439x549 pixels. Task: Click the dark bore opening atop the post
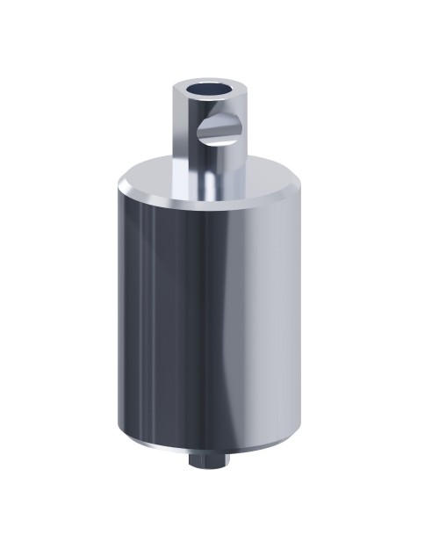(206, 89)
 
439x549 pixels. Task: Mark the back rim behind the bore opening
(207, 80)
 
